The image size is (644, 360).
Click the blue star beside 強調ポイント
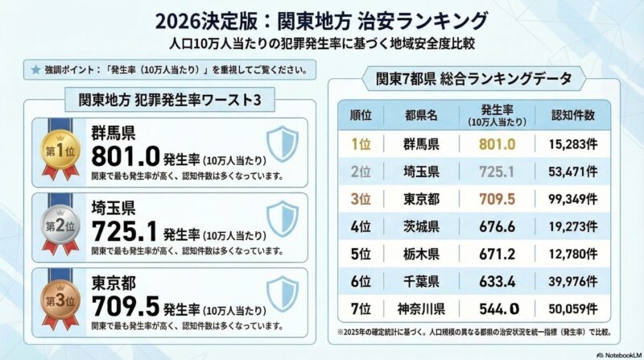[35, 69]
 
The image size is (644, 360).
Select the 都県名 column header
[421, 114]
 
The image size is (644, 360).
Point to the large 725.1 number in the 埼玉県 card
[126, 231]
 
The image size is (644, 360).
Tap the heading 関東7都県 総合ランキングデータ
[473, 79]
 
